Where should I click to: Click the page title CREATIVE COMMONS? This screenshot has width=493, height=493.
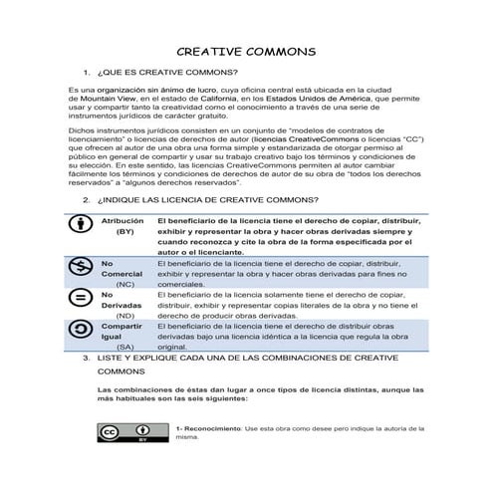point(246,52)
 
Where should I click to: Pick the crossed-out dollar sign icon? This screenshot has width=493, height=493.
point(78,267)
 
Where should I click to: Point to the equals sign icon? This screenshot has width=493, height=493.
point(78,299)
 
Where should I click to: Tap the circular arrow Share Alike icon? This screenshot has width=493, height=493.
point(78,330)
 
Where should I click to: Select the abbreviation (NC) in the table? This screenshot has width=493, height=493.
point(124,284)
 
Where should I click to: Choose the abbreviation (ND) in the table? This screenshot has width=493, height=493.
point(124,316)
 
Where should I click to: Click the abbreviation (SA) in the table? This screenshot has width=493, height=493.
point(124,348)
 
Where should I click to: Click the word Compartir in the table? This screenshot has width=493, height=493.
point(123,326)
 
